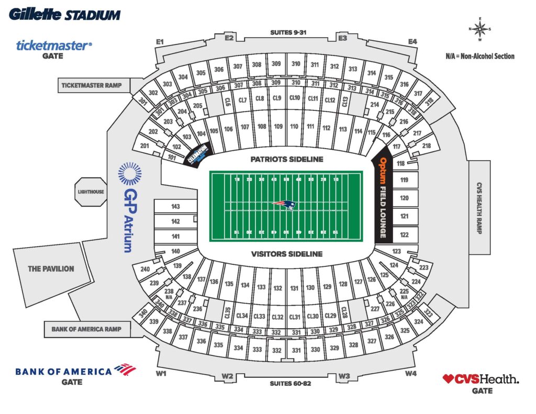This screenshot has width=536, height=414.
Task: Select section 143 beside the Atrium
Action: point(175,207)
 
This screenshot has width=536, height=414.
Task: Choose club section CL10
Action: point(295,98)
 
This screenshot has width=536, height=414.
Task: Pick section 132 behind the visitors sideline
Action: point(277,288)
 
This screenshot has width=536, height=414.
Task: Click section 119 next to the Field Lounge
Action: point(404,181)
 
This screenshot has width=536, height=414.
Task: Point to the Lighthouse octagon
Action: point(91,192)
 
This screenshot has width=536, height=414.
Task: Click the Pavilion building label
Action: point(51,268)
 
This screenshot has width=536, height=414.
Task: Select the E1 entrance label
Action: point(160,41)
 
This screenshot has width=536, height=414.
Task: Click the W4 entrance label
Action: point(411,373)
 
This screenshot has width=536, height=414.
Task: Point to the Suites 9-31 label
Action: point(288,32)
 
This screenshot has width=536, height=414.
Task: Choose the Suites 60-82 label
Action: point(291,384)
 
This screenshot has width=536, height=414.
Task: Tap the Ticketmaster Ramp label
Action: point(91,85)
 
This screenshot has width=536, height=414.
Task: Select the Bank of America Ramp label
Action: point(86,329)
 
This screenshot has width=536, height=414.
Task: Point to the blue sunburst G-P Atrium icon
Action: point(130,174)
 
